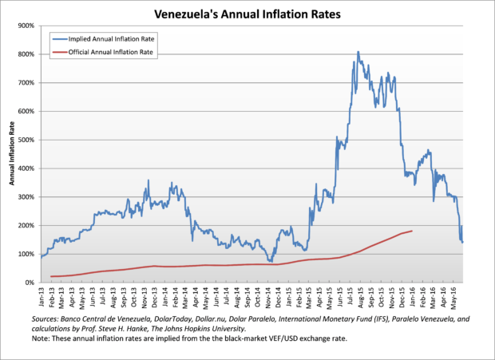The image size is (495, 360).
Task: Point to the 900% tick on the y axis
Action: (x=24, y=26)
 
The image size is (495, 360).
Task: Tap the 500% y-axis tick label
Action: (x=24, y=140)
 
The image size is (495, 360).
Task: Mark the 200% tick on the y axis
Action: (x=24, y=226)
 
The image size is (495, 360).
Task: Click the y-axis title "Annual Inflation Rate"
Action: (x=12, y=154)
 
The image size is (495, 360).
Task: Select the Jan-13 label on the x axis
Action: (x=42, y=297)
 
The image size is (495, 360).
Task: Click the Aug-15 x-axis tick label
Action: (x=361, y=297)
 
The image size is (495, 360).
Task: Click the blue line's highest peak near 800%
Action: (x=358, y=52)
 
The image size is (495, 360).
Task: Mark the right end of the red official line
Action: (x=411, y=231)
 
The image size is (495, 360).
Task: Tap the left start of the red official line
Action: (x=51, y=276)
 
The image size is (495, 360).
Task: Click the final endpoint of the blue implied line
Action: (x=463, y=242)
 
